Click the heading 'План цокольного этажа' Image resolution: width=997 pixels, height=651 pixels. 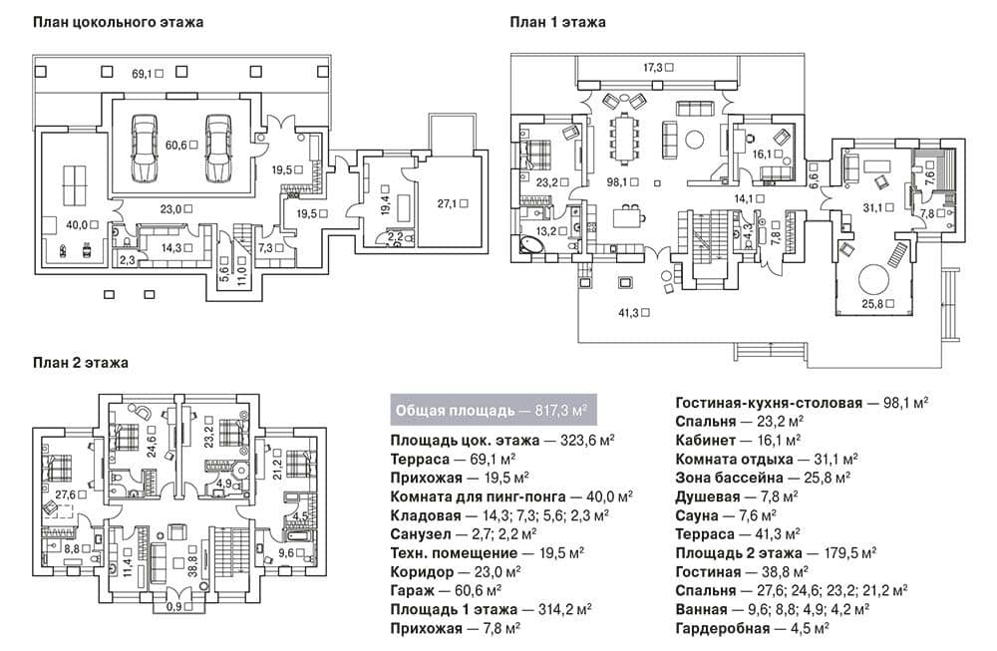(119, 22)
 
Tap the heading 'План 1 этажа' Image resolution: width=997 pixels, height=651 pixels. (557, 22)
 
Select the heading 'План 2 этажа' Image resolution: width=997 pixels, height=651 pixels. (81, 362)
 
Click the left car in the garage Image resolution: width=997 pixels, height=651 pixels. (145, 147)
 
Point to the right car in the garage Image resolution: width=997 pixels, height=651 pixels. (218, 147)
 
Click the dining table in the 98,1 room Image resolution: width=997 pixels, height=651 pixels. (624, 138)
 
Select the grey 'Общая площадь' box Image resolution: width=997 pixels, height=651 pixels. (493, 410)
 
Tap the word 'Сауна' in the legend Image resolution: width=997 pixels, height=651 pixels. (697, 515)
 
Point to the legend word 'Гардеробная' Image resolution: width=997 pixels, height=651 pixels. (722, 629)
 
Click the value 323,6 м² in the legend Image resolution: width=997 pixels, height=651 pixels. (587, 441)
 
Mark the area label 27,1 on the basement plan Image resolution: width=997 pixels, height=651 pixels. (449, 204)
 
